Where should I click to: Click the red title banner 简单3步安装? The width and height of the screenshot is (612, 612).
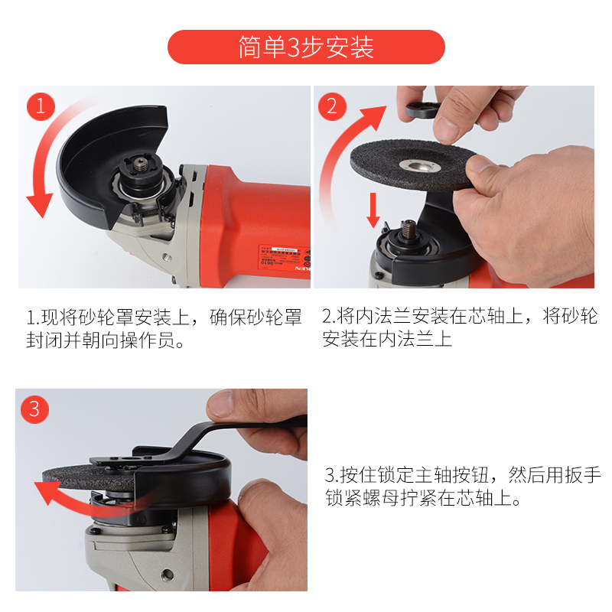[306, 47]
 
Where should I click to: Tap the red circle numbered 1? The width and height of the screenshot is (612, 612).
[41, 106]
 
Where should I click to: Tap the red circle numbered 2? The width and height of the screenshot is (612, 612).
[332, 106]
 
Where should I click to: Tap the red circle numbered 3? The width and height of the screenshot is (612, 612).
[34, 409]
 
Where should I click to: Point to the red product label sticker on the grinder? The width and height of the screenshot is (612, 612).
[284, 257]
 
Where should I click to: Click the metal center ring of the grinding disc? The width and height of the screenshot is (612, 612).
[420, 165]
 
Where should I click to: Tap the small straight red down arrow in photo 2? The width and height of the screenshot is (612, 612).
[373, 210]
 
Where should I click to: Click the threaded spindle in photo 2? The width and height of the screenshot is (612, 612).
[409, 228]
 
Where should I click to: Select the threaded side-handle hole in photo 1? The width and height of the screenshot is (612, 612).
[167, 257]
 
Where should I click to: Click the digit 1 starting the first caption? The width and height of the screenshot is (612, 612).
[31, 317]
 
